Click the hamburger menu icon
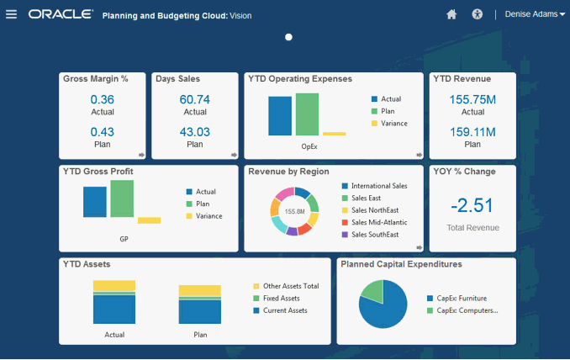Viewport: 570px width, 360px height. click(x=11, y=14)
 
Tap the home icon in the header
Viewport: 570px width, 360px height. click(x=451, y=14)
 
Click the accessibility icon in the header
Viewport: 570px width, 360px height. click(x=478, y=14)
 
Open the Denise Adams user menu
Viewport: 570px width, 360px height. click(x=536, y=14)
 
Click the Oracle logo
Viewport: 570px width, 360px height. click(x=60, y=14)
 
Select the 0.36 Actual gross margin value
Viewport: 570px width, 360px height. click(x=102, y=100)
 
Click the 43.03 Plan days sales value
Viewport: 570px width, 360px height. click(x=194, y=132)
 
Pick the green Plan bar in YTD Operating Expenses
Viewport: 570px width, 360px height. click(x=308, y=114)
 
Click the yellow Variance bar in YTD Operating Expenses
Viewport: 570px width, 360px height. click(x=334, y=133)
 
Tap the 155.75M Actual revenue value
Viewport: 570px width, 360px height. click(x=472, y=100)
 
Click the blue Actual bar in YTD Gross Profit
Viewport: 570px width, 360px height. click(x=95, y=202)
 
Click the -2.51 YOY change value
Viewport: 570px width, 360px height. click(x=472, y=205)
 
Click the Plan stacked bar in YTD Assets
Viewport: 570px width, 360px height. click(x=199, y=304)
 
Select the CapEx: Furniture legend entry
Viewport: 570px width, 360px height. click(x=461, y=299)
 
